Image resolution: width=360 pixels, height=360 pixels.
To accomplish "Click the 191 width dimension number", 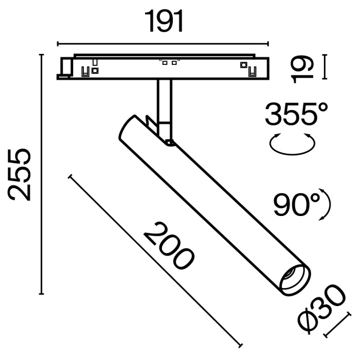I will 164,21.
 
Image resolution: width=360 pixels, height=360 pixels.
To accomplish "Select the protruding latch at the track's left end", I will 65,68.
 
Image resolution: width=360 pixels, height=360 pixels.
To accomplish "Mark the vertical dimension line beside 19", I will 325,67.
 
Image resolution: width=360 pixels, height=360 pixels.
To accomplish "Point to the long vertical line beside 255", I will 42,174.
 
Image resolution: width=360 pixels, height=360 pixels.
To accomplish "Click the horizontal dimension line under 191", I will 163,44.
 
